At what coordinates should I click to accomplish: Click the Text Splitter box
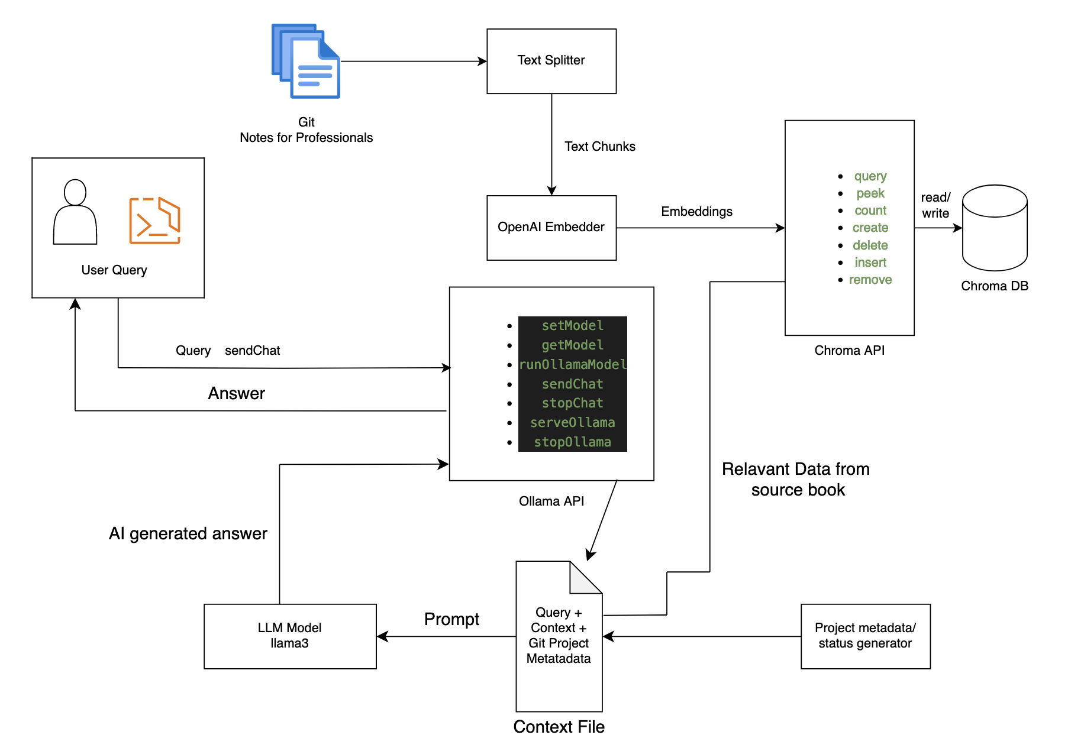click(551, 61)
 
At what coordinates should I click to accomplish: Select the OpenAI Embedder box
click(551, 227)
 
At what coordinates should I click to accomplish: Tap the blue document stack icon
click(306, 61)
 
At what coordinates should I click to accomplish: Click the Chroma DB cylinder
click(994, 228)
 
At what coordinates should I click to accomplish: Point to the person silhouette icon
click(75, 212)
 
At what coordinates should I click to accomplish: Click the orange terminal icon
click(154, 221)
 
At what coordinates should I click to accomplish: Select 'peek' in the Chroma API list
click(870, 193)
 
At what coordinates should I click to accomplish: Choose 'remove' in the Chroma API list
click(870, 280)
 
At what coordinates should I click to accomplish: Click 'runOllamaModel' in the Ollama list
click(572, 364)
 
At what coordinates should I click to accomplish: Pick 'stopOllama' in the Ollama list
click(572, 442)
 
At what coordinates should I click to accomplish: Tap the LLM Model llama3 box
click(290, 636)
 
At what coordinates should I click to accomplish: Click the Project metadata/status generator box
click(865, 636)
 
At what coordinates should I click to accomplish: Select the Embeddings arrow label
click(696, 212)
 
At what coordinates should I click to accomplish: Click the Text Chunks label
click(599, 147)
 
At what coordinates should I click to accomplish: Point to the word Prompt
click(451, 619)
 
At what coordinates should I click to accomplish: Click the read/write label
click(935, 205)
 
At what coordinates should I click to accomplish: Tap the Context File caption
click(559, 727)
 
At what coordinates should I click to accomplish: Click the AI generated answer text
click(188, 533)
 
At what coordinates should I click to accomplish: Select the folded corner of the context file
click(582, 580)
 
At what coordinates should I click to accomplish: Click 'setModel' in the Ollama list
click(572, 326)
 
